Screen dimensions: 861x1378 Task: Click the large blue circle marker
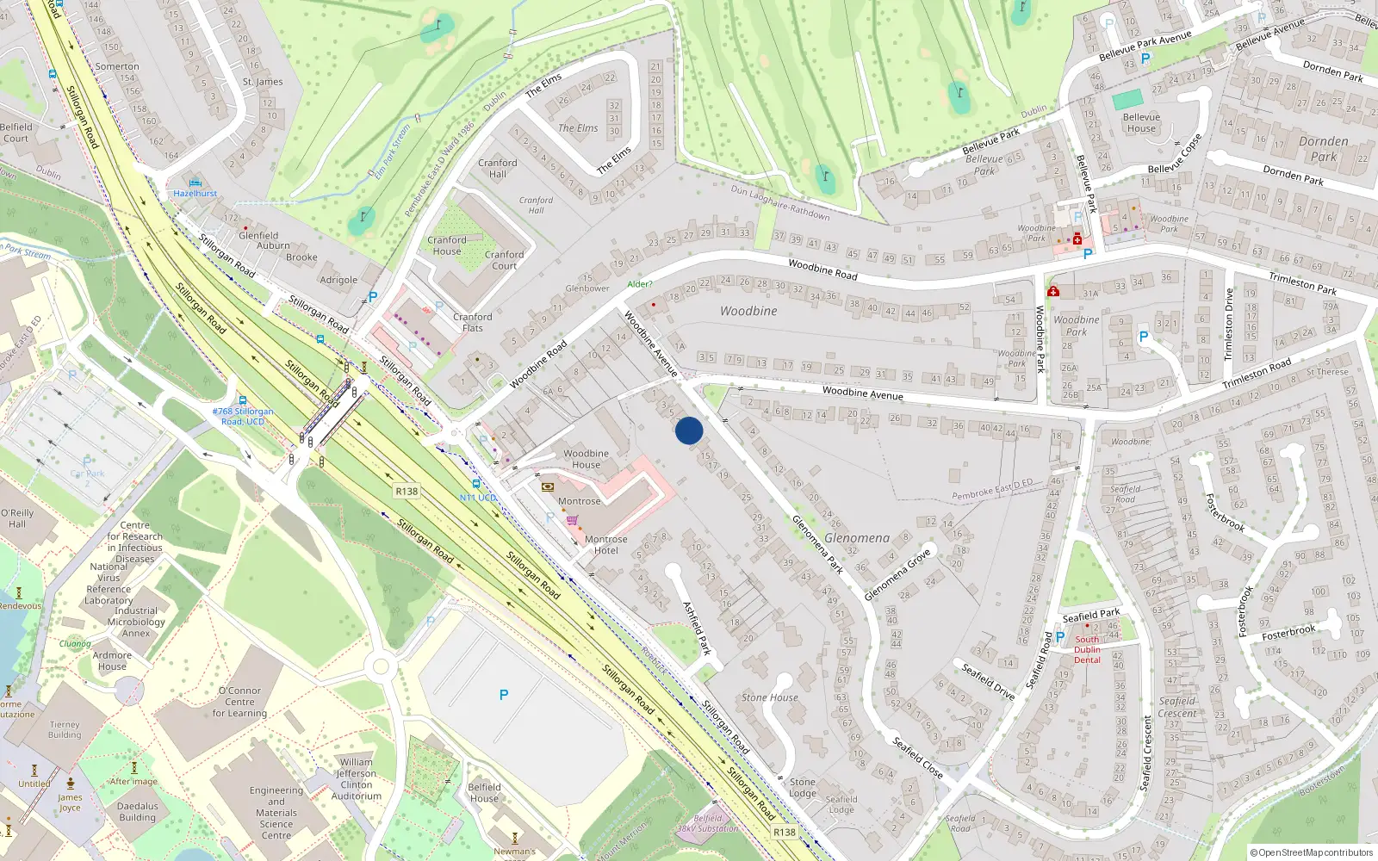(x=689, y=430)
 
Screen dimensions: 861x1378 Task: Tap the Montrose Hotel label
(x=605, y=545)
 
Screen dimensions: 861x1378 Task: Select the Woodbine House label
(x=586, y=459)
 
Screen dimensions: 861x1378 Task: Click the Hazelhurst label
(x=196, y=194)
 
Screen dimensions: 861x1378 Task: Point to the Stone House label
(x=770, y=697)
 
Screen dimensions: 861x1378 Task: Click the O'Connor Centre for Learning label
(x=239, y=702)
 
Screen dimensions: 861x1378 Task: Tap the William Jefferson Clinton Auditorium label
(x=357, y=779)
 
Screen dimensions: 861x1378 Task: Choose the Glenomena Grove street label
(x=897, y=574)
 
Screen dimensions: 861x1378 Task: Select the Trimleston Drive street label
(x=1229, y=325)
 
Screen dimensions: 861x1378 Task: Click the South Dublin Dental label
(x=1087, y=649)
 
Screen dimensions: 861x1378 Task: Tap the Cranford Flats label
(x=473, y=322)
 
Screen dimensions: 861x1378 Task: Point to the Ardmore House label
(x=112, y=660)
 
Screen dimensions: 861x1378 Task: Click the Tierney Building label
(x=65, y=730)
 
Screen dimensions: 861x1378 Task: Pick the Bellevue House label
(x=1141, y=123)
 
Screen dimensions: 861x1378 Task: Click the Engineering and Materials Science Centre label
(x=276, y=813)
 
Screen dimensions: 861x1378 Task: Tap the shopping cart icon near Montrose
(x=572, y=520)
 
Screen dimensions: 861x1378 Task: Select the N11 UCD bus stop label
(x=477, y=498)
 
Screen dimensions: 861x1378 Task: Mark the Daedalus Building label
(x=138, y=812)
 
